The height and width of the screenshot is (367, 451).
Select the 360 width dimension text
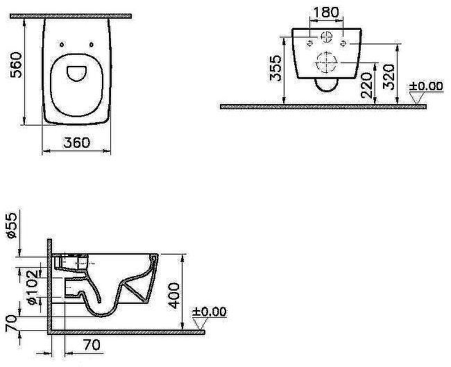click(76, 142)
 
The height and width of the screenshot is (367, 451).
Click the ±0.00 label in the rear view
click(425, 86)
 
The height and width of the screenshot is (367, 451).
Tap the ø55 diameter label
click(11, 225)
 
